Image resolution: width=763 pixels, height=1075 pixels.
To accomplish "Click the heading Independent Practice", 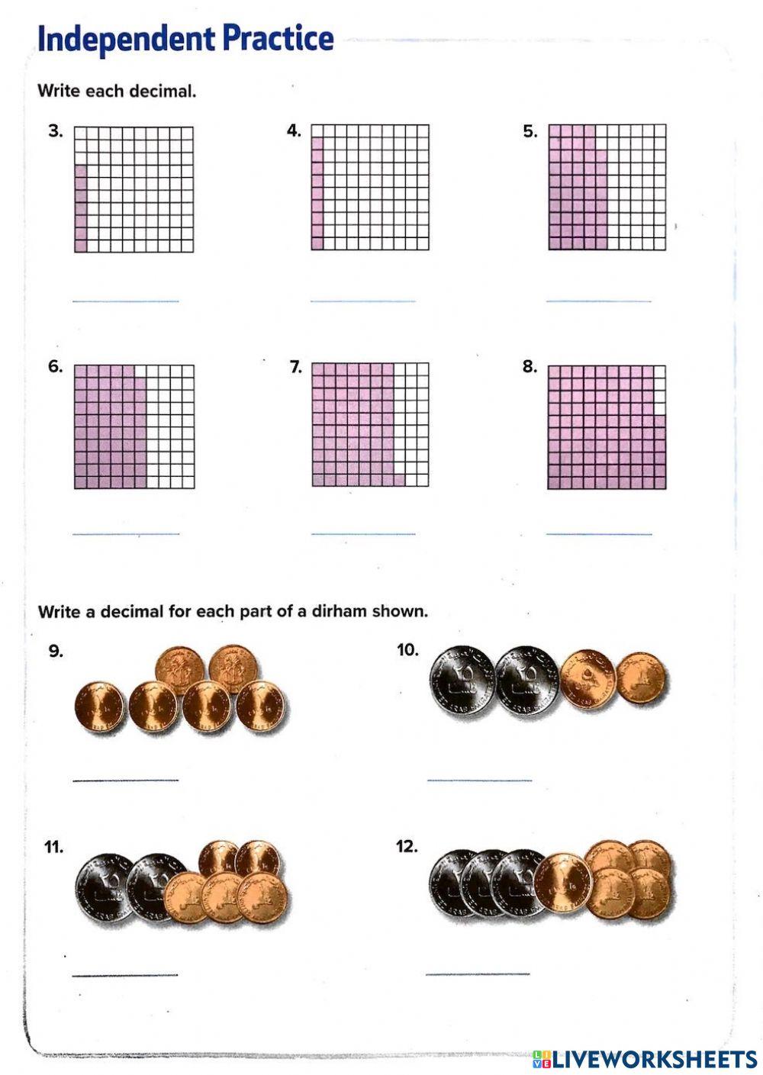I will (185, 38).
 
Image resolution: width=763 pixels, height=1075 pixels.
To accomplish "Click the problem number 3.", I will (56, 131).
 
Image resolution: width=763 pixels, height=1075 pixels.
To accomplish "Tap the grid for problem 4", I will (370, 188).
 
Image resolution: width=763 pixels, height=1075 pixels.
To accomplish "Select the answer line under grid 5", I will (599, 301).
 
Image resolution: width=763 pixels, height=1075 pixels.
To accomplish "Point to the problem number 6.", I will (56, 366).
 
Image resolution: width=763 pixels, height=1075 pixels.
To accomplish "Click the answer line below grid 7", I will (363, 533).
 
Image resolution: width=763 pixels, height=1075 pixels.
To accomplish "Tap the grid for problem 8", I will (607, 427).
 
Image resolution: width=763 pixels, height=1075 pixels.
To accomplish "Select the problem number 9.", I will (56, 651).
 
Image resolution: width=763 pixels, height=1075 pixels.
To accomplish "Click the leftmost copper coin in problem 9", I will (99, 707).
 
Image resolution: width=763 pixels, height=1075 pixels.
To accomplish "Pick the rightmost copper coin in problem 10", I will (640, 678).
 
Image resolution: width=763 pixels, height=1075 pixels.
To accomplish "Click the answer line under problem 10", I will (479, 781).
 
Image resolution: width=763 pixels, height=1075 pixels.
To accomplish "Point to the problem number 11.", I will (53, 847).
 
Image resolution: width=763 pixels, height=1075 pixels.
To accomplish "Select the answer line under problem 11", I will (125, 974).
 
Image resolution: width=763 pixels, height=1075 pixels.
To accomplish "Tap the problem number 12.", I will (407, 846).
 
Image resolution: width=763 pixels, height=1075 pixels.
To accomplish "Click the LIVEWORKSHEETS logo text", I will (655, 1059).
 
